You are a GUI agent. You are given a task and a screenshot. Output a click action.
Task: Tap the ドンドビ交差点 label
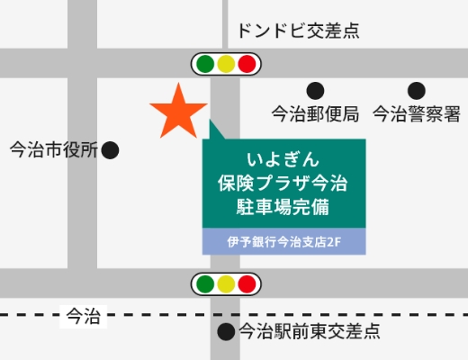pyautogui.click(x=298, y=31)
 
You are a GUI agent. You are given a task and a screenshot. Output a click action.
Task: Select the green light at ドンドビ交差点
pyautogui.click(x=205, y=64)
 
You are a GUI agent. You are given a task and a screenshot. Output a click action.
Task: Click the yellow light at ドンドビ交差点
pyautogui.click(x=226, y=64)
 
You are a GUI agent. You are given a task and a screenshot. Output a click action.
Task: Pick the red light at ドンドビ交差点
pyautogui.click(x=247, y=64)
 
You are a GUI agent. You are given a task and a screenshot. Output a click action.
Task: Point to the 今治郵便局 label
pyautogui.click(x=316, y=114)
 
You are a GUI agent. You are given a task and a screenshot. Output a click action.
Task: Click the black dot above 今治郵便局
pyautogui.click(x=315, y=90)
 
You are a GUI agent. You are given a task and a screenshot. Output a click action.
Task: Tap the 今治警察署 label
pyautogui.click(x=417, y=114)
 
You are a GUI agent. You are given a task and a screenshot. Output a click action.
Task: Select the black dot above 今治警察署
pyautogui.click(x=416, y=90)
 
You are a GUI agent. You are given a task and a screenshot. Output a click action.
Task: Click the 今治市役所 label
pyautogui.click(x=52, y=150)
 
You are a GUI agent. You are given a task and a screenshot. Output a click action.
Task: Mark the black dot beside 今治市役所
pyautogui.click(x=110, y=150)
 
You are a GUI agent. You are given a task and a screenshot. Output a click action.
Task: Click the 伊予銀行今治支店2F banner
pyautogui.click(x=283, y=241)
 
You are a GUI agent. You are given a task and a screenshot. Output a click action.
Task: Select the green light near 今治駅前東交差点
pyautogui.click(x=205, y=284)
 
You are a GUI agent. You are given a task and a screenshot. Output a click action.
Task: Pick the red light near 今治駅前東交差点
pyautogui.click(x=247, y=284)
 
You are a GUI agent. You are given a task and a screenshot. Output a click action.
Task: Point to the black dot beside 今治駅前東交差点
pyautogui.click(x=226, y=331)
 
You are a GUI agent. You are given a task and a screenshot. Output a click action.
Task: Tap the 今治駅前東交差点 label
pyautogui.click(x=309, y=331)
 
